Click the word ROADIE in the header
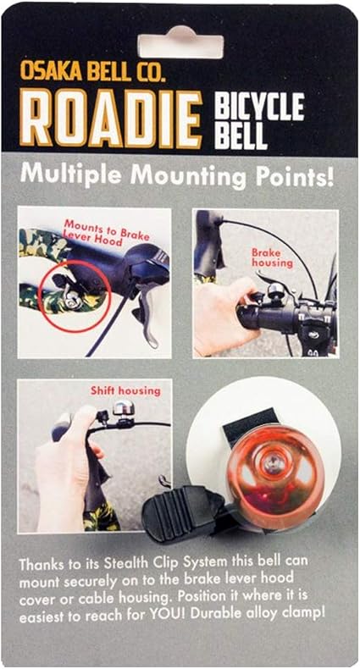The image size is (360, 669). pyautogui.click(x=111, y=120)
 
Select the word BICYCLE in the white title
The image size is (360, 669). pyautogui.click(x=260, y=107)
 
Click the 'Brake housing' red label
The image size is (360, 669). pyautogui.click(x=272, y=257)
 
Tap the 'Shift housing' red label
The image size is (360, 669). pyautogui.click(x=125, y=390)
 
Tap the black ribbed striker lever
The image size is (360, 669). pyautogui.click(x=185, y=514)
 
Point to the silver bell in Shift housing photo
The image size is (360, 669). pyautogui.click(x=124, y=408)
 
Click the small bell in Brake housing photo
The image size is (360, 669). pyautogui.click(x=276, y=291)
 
